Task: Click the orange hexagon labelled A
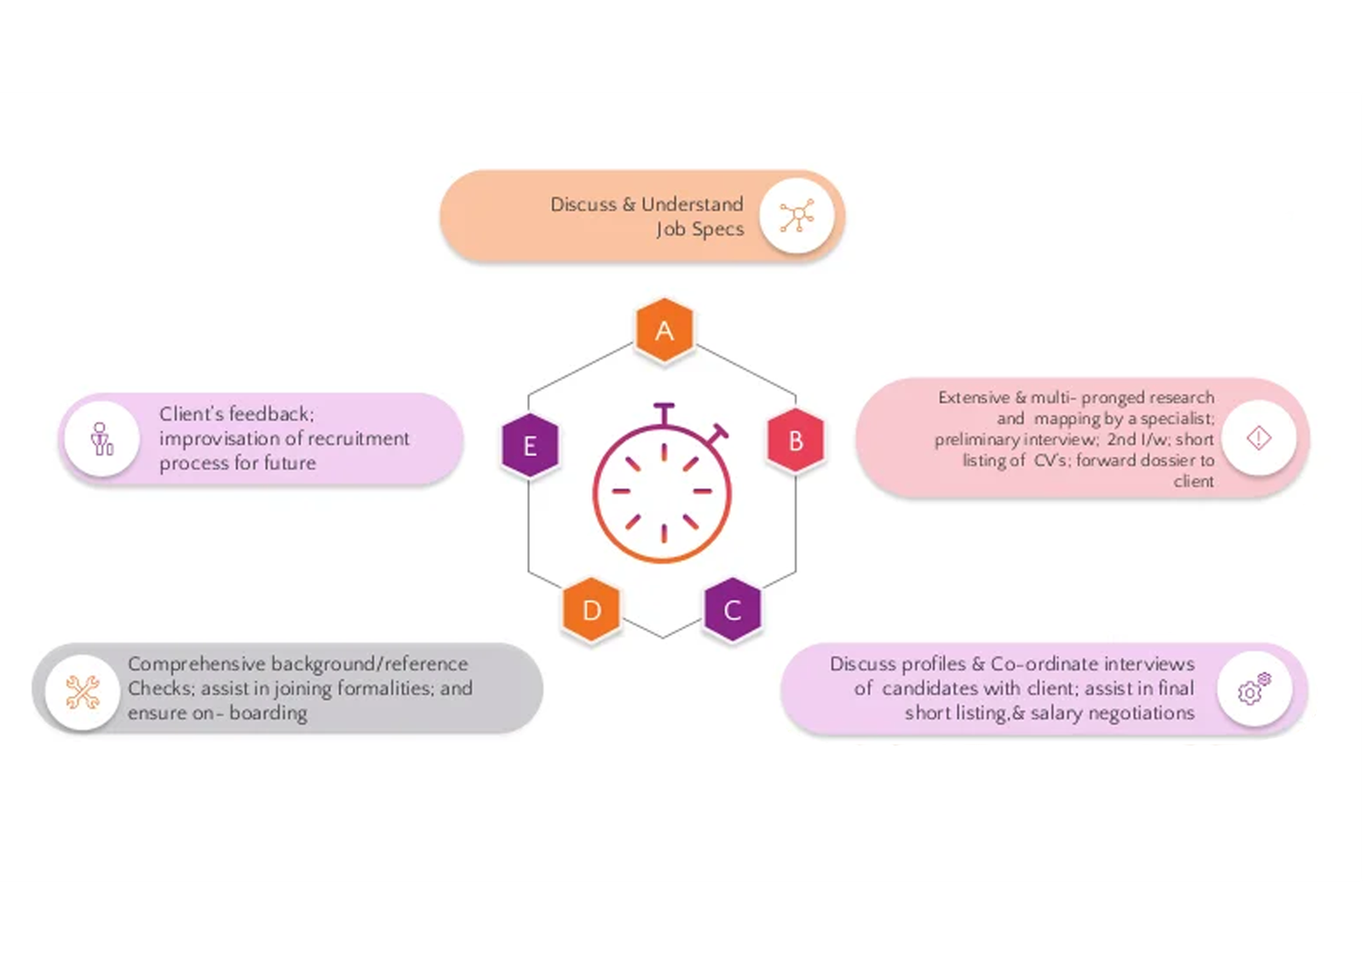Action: (x=664, y=331)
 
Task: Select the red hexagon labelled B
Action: (x=796, y=441)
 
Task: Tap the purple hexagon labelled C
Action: (x=732, y=609)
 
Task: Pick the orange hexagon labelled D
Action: (x=591, y=609)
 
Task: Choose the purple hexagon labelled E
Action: (x=530, y=445)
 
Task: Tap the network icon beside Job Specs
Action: (x=797, y=216)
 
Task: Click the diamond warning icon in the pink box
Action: (x=1258, y=438)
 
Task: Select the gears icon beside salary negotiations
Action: (x=1254, y=689)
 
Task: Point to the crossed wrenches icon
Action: (x=83, y=692)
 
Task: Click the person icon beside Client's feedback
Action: (x=102, y=439)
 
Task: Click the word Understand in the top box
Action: (x=692, y=205)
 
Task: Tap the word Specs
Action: (x=717, y=229)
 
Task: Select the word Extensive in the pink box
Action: (x=973, y=398)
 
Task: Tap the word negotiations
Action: (x=1141, y=713)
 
